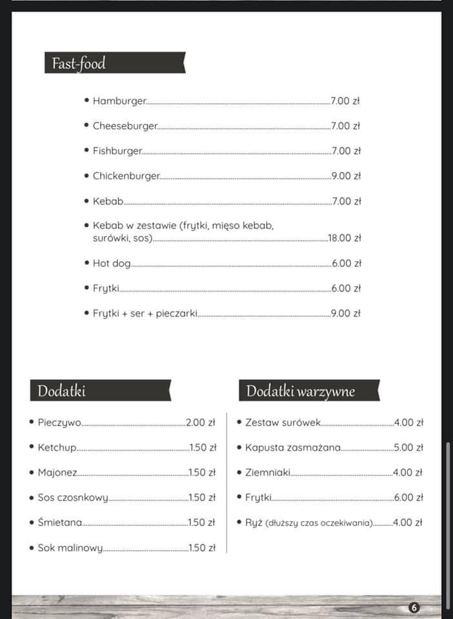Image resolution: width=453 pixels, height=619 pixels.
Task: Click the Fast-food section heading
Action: click(79, 64)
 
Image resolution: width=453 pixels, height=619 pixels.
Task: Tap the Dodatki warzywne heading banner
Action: click(301, 391)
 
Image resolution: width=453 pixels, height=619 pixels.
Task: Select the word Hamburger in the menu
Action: click(119, 101)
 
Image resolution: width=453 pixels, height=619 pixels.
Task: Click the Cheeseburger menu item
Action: click(125, 126)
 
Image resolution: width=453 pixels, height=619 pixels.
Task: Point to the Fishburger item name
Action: click(117, 151)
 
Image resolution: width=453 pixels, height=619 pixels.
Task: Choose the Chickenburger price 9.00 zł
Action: click(345, 176)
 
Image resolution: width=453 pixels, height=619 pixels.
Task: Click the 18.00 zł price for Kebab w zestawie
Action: click(344, 238)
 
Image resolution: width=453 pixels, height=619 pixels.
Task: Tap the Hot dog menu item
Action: click(111, 264)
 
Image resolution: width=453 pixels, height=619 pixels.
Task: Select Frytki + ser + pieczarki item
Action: click(145, 314)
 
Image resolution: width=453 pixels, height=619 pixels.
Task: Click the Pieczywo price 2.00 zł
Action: click(200, 423)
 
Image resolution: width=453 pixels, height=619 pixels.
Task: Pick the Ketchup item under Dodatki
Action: click(57, 447)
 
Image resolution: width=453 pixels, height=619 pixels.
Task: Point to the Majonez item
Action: click(57, 473)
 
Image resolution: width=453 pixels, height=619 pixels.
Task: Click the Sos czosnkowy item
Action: click(72, 498)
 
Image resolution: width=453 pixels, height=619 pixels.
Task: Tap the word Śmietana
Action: click(59, 523)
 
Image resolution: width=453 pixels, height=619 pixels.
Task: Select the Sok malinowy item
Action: click(70, 548)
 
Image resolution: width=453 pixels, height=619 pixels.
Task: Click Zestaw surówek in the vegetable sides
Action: click(283, 423)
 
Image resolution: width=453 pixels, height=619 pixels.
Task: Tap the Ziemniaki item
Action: click(267, 473)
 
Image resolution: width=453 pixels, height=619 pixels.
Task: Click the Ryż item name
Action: click(253, 523)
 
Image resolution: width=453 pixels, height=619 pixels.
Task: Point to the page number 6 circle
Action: click(414, 607)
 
